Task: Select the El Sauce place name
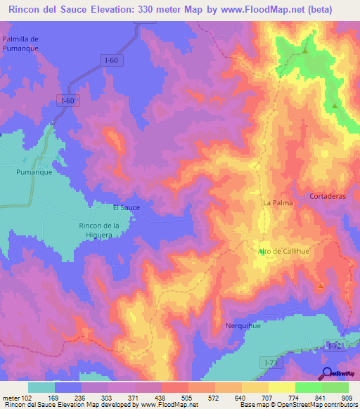click(x=127, y=207)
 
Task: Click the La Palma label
click(x=277, y=202)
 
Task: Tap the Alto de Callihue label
click(x=284, y=251)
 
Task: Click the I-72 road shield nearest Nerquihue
click(x=267, y=361)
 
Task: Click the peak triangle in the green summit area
click(x=305, y=51)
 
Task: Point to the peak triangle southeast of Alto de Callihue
click(x=321, y=285)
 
